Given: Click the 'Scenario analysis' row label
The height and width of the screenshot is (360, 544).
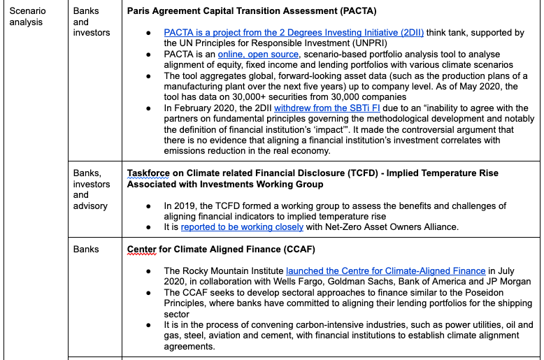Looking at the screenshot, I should tap(26, 16).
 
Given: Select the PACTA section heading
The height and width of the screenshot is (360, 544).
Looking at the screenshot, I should tap(252, 11).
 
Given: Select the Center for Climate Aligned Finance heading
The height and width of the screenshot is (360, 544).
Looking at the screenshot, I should tap(221, 249).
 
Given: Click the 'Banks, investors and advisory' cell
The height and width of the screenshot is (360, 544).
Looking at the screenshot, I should tap(92, 189).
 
